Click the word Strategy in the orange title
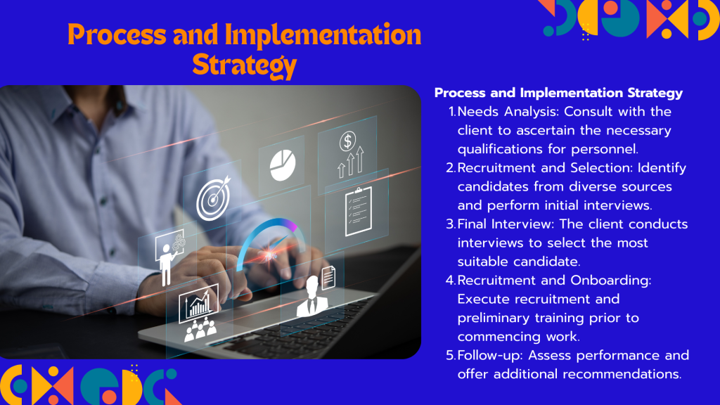pos(244,65)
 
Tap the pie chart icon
pos(283,165)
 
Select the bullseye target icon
pos(214,198)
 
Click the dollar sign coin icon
pos(347,141)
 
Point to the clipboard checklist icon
pos(359,211)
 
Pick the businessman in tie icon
pos(312,297)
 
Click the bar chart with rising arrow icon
pos(199,304)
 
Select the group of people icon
pos(200,330)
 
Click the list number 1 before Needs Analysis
pos(452,112)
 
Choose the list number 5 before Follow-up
pos(451,355)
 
